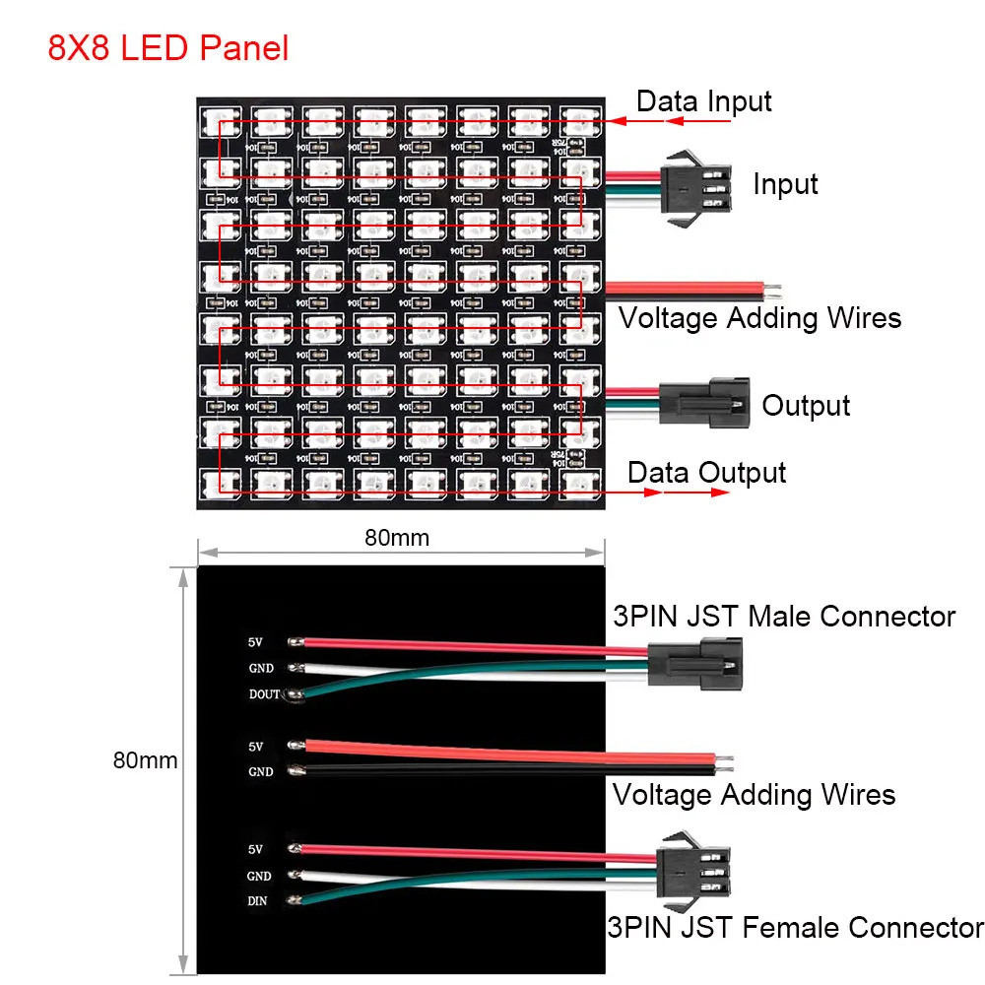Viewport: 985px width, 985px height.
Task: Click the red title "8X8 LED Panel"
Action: point(168,48)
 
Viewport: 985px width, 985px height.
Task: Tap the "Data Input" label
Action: point(703,101)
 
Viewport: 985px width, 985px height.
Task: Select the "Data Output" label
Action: point(706,473)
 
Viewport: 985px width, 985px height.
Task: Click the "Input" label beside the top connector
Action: point(785,184)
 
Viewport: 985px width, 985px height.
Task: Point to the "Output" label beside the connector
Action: point(806,405)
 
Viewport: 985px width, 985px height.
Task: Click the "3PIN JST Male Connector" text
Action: point(783,617)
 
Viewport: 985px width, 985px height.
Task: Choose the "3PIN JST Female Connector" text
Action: point(795,927)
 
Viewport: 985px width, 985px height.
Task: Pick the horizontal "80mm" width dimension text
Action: point(397,538)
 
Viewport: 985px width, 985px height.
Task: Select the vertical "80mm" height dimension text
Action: point(145,760)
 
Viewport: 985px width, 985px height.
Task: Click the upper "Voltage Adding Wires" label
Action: point(759,318)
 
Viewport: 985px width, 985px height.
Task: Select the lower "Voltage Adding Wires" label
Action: point(754,794)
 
